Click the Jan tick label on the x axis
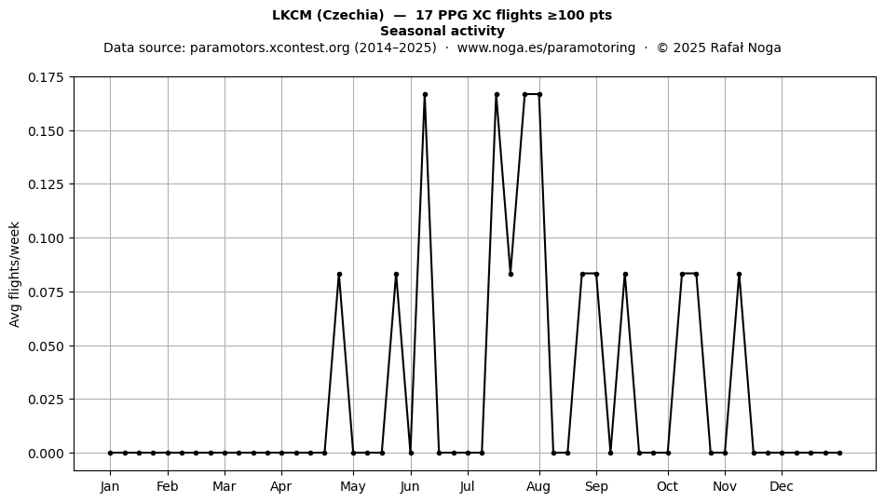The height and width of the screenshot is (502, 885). [x=110, y=486]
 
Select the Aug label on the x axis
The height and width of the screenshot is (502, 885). [x=539, y=487]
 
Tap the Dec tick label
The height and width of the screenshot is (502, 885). [x=782, y=486]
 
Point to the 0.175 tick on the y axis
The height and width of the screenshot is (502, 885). [x=48, y=77]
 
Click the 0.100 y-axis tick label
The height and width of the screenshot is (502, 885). [x=48, y=238]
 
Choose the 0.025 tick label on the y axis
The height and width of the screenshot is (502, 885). [x=48, y=400]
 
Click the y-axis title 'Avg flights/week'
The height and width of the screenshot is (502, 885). [x=15, y=274]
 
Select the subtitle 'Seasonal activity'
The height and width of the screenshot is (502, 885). [x=442, y=31]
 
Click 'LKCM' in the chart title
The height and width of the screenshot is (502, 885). [x=292, y=15]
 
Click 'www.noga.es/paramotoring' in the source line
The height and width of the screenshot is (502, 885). [x=546, y=47]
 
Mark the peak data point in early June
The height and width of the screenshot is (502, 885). [x=425, y=94]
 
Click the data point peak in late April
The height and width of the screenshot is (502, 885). [x=339, y=274]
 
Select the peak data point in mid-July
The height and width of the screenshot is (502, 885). [x=497, y=94]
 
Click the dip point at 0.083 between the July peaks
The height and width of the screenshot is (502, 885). [x=511, y=274]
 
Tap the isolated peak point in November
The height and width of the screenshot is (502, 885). [x=740, y=274]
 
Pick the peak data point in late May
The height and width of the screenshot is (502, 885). [x=396, y=274]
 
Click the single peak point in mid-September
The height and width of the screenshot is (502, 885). [x=625, y=274]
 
